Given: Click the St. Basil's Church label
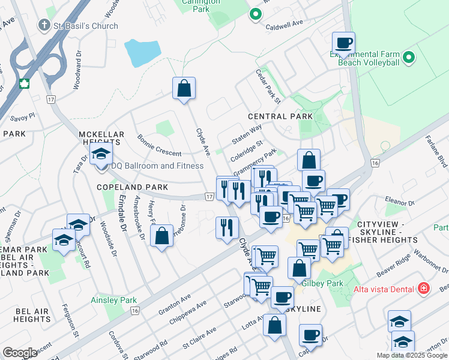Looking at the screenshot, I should tap(85, 26).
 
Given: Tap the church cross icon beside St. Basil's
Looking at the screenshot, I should tap(43, 26).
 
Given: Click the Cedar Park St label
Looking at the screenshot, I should tap(268, 85).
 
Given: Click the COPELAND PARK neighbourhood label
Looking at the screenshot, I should tap(133, 187).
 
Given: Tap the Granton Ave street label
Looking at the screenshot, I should tap(174, 302).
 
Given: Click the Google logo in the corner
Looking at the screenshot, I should tap(20, 353).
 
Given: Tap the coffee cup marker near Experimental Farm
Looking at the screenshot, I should tap(344, 43).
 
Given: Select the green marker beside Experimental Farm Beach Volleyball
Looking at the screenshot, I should tap(409, 58).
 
